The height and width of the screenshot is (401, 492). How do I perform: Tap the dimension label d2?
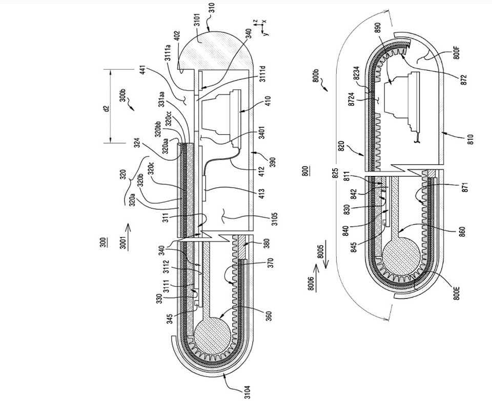tap(107, 109)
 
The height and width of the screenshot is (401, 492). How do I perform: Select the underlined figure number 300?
tap(102, 242)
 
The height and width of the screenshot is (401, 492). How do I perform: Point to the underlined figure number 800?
tap(305, 171)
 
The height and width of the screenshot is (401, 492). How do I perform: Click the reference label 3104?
tap(248, 392)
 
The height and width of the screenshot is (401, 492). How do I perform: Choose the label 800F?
tap(457, 52)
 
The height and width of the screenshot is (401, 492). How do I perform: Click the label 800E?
tap(457, 293)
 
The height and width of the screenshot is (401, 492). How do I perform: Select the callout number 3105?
tap(274, 219)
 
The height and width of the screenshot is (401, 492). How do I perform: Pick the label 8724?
tap(352, 99)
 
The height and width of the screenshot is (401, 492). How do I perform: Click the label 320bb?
tap(158, 129)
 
